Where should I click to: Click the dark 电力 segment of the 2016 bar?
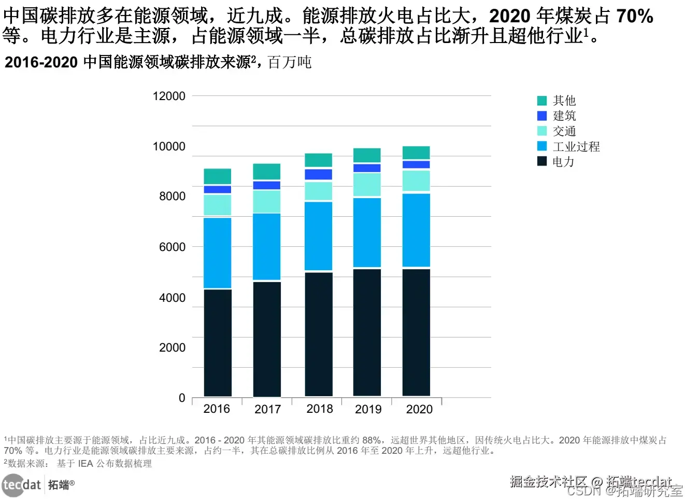pyautogui.click(x=218, y=342)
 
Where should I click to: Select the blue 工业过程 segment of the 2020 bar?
pyautogui.click(x=416, y=230)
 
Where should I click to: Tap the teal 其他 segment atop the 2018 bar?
pyautogui.click(x=319, y=160)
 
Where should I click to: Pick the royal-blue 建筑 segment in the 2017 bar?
pyautogui.click(x=267, y=185)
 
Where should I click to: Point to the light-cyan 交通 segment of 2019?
pyautogui.click(x=367, y=184)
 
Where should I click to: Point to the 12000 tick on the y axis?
pyautogui.click(x=169, y=96)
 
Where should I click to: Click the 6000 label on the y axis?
pyautogui.click(x=172, y=247)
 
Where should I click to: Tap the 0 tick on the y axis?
pyautogui.click(x=182, y=398)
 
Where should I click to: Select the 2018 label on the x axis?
pyautogui.click(x=320, y=409)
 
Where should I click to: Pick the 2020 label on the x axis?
pyautogui.click(x=419, y=410)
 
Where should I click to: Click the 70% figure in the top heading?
pyautogui.click(x=634, y=17)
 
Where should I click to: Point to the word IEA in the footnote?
pyautogui.click(x=85, y=464)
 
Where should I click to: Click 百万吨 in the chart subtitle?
pyautogui.click(x=290, y=63)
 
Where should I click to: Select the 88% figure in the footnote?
pyautogui.click(x=372, y=440)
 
